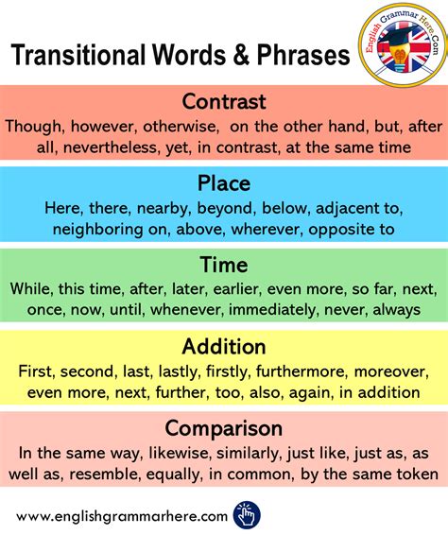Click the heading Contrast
tap(224, 101)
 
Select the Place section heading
tap(224, 181)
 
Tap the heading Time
tap(224, 265)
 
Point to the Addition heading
tap(224, 347)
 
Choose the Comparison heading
tap(224, 428)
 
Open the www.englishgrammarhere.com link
tap(122, 515)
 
